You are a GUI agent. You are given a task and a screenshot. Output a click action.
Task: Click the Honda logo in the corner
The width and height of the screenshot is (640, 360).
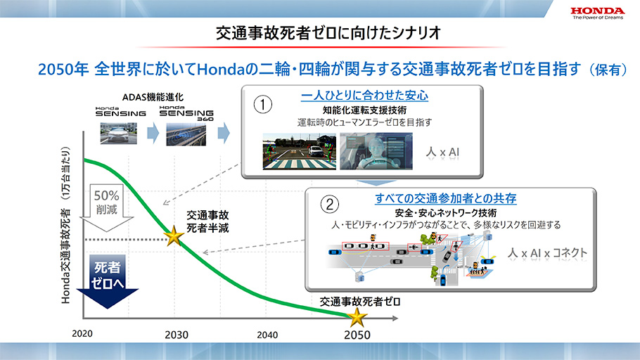598,13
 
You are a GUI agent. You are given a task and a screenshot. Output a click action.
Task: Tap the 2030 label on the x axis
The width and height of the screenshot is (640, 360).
177,335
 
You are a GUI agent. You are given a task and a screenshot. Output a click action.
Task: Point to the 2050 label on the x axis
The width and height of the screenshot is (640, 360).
357,335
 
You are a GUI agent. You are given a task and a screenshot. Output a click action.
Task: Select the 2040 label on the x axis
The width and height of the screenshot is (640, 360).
267,335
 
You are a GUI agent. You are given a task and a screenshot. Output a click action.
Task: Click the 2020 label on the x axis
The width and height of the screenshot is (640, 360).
82,333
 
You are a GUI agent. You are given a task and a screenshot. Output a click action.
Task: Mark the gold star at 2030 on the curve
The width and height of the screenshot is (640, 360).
174,236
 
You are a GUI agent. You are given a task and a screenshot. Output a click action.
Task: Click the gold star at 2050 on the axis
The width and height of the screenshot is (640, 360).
357,318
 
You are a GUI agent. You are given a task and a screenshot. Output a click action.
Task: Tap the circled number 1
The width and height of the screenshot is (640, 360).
263,105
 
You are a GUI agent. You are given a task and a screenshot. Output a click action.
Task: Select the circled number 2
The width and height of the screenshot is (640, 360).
329,204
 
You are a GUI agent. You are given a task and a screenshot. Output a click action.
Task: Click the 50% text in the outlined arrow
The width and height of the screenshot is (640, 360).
106,195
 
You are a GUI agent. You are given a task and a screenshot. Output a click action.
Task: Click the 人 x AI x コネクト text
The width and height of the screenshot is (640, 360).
547,253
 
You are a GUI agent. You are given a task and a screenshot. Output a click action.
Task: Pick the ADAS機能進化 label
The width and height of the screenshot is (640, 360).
153,97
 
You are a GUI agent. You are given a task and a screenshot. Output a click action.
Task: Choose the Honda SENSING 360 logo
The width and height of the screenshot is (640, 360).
186,113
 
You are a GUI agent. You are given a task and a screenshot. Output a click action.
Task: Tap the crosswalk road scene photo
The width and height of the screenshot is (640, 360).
299,151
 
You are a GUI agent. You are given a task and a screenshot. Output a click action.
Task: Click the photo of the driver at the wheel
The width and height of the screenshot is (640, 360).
376,151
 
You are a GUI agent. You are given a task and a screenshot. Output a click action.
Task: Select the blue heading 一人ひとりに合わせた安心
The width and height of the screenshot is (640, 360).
364,96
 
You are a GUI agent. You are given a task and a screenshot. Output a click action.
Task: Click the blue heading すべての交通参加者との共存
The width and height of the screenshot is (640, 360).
446,199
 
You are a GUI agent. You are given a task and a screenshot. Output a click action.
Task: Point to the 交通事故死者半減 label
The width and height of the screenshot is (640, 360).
207,221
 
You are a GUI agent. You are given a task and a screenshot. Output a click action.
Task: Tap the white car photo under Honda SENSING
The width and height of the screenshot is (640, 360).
119,134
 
